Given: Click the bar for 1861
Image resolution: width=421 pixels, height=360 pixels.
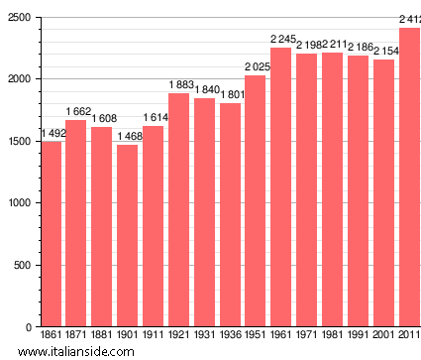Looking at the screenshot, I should (51, 234).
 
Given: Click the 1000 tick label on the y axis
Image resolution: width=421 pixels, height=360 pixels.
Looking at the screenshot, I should (17, 203).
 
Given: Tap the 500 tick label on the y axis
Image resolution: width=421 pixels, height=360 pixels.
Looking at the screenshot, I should (20, 265).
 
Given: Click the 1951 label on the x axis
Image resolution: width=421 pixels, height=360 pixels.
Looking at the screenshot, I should (256, 336).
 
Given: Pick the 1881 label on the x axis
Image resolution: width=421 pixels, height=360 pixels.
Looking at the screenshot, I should (102, 336).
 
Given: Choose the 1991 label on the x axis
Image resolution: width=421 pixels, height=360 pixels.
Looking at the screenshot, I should (358, 336).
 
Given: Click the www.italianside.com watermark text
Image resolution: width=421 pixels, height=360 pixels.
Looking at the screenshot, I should (97, 351).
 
